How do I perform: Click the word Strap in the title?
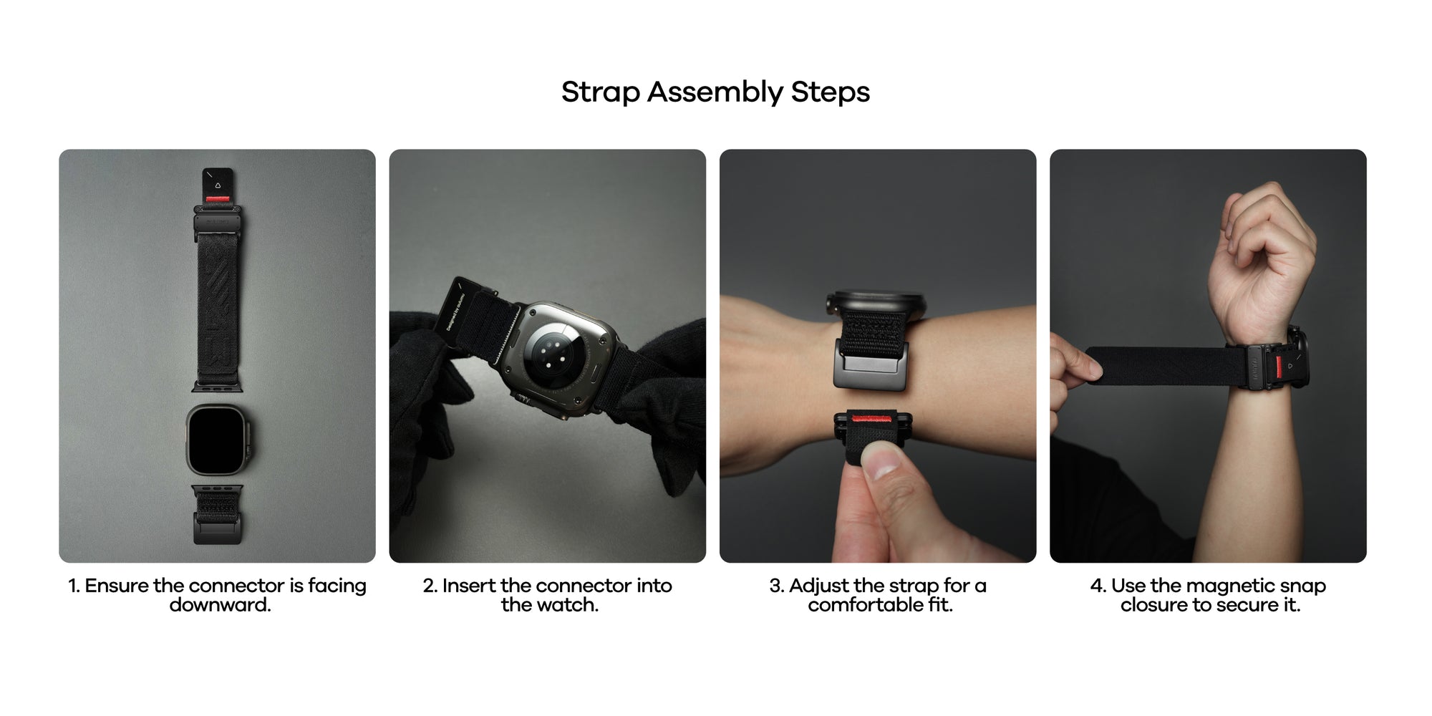[600, 92]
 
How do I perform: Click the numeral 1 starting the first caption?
[72, 586]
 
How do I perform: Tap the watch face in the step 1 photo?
[216, 439]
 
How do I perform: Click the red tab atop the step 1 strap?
[218, 198]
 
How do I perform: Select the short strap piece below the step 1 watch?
[218, 514]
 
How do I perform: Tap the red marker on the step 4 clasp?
[1278, 367]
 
